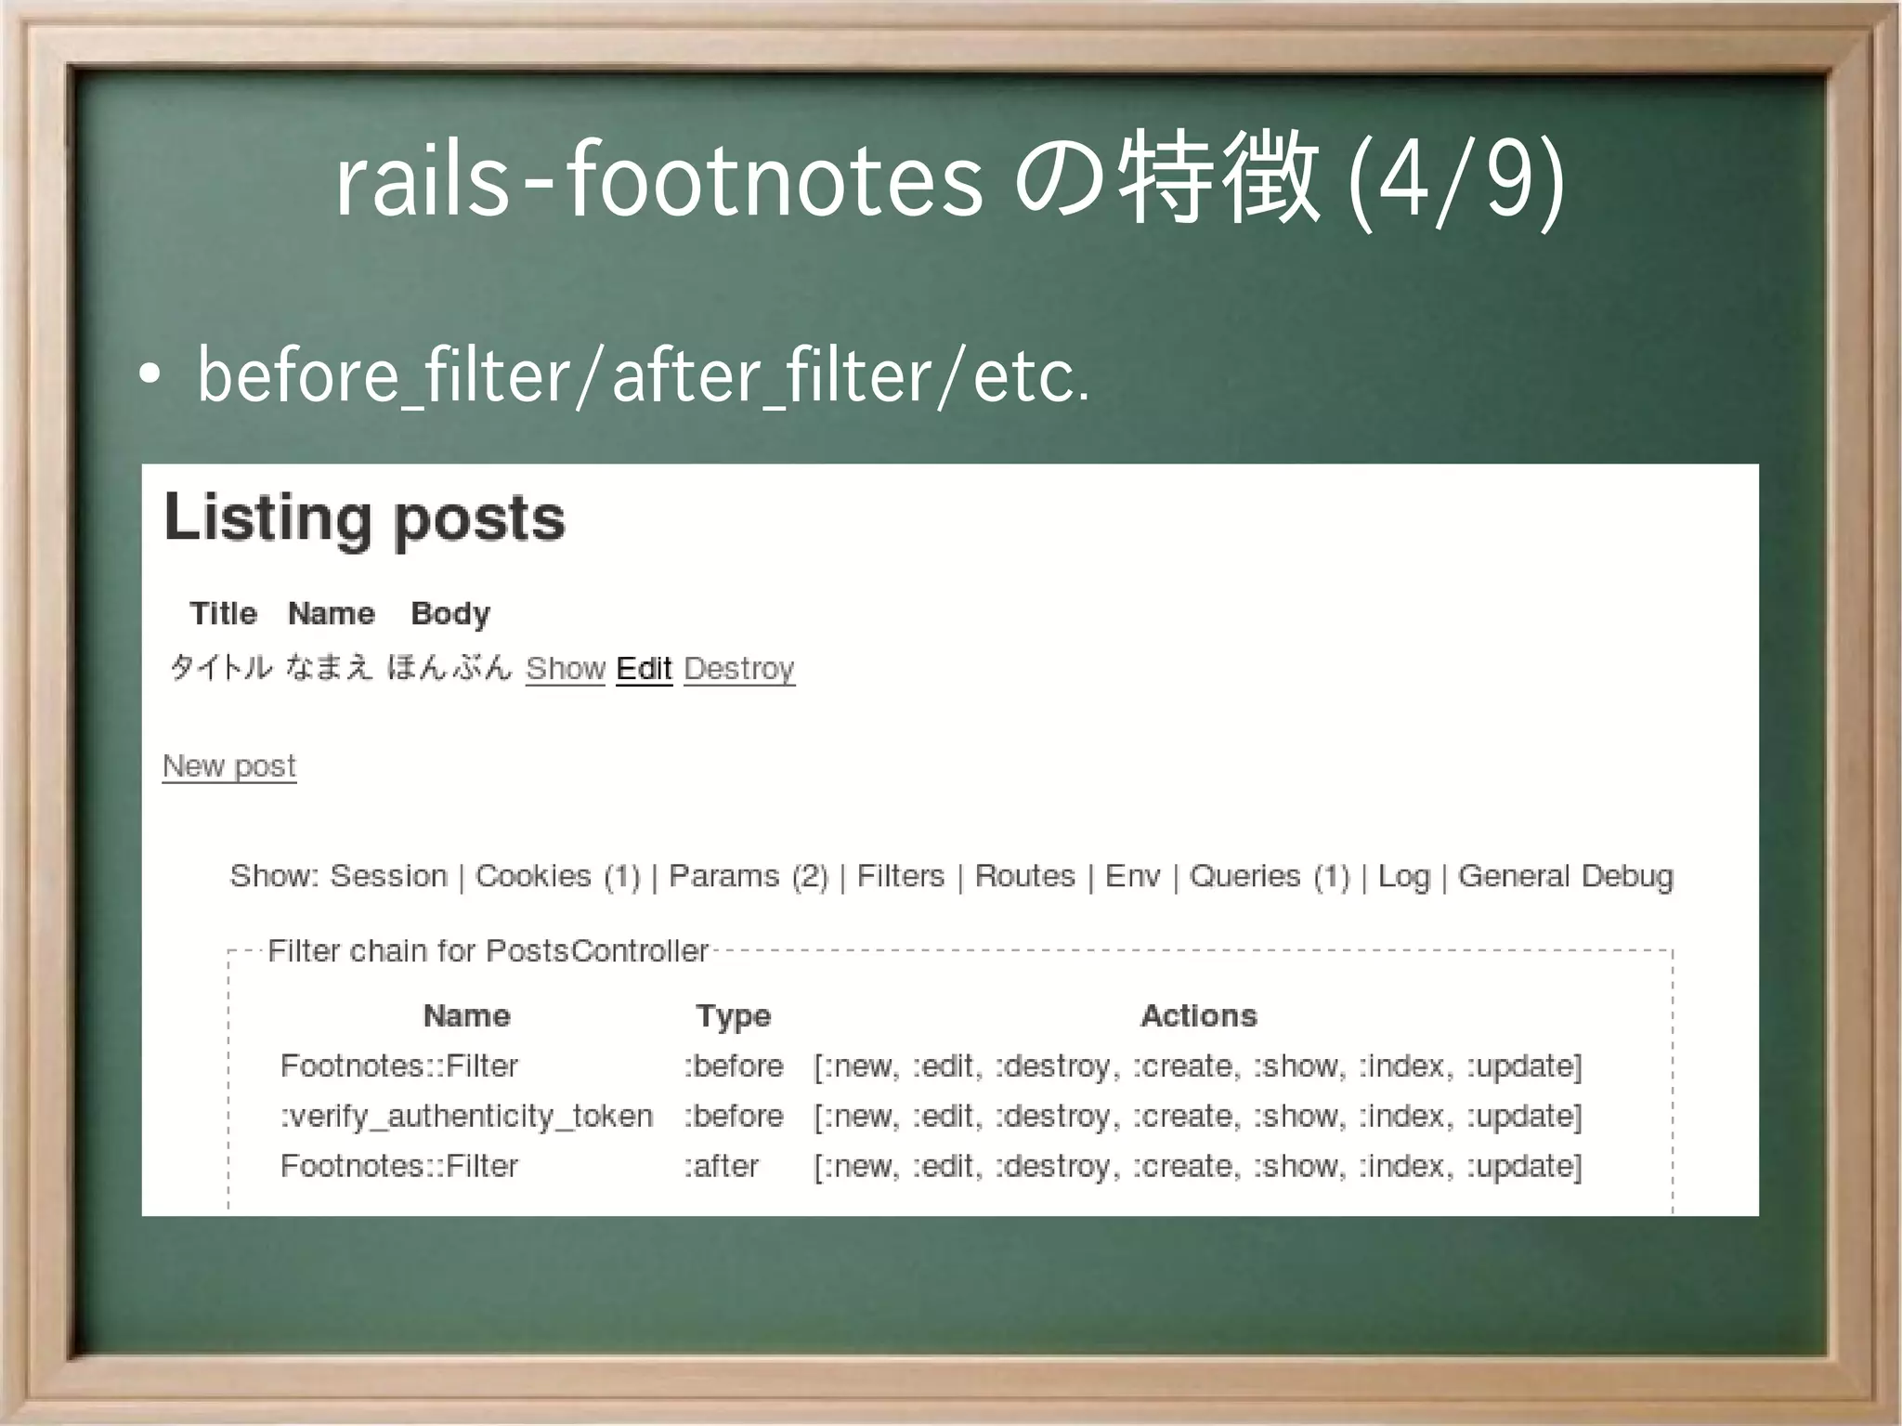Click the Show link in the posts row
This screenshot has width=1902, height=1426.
click(x=565, y=669)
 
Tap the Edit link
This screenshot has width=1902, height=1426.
click(x=644, y=669)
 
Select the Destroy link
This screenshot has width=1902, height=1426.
click(x=739, y=669)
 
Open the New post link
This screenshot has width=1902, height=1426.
click(x=229, y=766)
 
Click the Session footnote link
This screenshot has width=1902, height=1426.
click(x=389, y=876)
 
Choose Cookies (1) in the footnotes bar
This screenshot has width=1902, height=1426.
click(x=557, y=876)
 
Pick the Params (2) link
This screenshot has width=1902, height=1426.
click(x=748, y=876)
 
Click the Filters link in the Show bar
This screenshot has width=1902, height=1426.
click(x=900, y=876)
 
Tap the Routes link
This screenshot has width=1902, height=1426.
click(x=1024, y=876)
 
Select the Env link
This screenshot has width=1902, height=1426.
click(x=1132, y=876)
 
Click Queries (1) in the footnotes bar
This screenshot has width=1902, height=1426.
click(x=1269, y=876)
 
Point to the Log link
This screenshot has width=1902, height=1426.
click(x=1403, y=876)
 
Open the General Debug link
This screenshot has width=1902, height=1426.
click(x=1565, y=876)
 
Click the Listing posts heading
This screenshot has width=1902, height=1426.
click(x=364, y=518)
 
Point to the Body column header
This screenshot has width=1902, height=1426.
click(x=450, y=613)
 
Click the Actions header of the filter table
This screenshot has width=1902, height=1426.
click(x=1198, y=1015)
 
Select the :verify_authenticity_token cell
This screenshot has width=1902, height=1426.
click(x=466, y=1116)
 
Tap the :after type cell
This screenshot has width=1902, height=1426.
click(x=722, y=1166)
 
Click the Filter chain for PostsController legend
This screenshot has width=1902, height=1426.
click(x=488, y=951)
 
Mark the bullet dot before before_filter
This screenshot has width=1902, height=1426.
click(x=149, y=375)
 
